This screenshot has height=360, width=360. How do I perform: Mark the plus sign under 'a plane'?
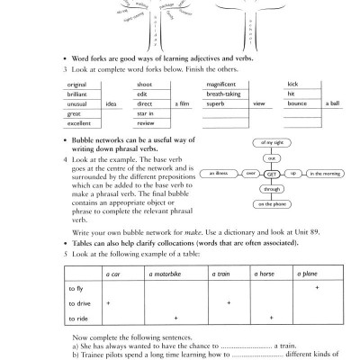[x=318, y=288]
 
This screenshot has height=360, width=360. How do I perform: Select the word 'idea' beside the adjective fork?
[x=113, y=104]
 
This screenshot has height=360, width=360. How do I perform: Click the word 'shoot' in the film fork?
[x=146, y=84]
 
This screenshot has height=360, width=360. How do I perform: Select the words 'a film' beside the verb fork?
[x=183, y=104]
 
